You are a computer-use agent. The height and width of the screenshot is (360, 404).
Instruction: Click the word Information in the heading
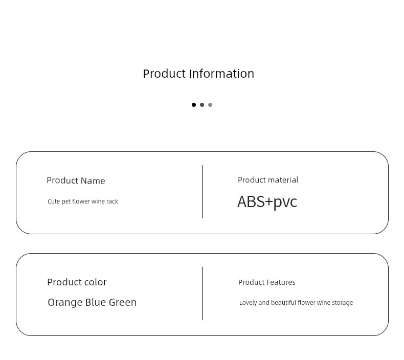pos(221,74)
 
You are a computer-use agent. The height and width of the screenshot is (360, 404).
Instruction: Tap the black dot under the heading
pos(194,105)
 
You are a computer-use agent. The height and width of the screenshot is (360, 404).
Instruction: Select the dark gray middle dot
pos(202,105)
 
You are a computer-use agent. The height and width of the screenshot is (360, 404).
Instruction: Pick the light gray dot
pos(210,105)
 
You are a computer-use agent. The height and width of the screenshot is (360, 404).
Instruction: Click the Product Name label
pos(76,181)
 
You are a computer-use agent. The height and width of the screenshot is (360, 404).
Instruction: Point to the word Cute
pos(54,201)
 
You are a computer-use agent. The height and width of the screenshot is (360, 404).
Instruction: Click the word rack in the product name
pos(112,201)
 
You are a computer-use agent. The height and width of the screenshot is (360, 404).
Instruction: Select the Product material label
pos(268,180)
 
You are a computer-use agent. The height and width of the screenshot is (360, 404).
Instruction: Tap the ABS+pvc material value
pos(267,202)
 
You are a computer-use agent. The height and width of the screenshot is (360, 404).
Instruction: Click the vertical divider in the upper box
pos(203,192)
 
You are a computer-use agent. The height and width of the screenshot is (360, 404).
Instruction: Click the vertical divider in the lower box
pos(203,294)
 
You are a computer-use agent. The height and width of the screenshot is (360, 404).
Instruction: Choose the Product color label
pos(77,282)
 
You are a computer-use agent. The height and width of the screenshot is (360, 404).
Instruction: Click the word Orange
pos(65,303)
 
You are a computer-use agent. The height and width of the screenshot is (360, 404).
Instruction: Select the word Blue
pos(95,302)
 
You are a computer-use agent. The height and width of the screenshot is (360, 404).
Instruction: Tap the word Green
pos(123,302)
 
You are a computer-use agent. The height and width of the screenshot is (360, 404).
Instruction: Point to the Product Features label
pos(266,282)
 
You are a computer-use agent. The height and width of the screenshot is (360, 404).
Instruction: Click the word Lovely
pos(248,303)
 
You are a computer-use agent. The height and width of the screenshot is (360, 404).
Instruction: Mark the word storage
pos(343,303)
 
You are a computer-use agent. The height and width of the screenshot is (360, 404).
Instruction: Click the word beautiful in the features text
pos(284,303)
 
